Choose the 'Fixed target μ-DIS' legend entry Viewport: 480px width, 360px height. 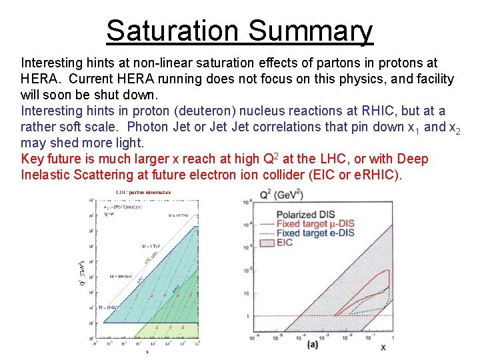[315, 225]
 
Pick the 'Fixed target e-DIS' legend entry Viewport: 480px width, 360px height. [315, 233]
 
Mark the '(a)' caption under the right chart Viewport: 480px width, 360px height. [313, 345]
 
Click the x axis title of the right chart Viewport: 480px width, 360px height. [383, 347]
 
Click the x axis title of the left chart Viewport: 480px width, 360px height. [147, 349]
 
